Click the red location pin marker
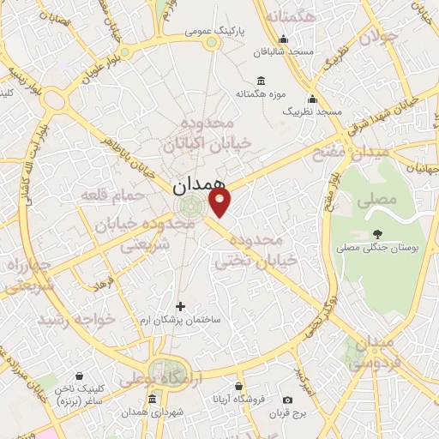pyautogui.click(x=220, y=202)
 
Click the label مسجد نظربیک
pyautogui.click(x=312, y=111)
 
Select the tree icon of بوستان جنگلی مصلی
pyautogui.click(x=378, y=233)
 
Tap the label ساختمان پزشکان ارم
pyautogui.click(x=181, y=319)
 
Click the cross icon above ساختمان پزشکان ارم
pyautogui.click(x=180, y=305)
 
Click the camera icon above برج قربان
pyautogui.click(x=287, y=400)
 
